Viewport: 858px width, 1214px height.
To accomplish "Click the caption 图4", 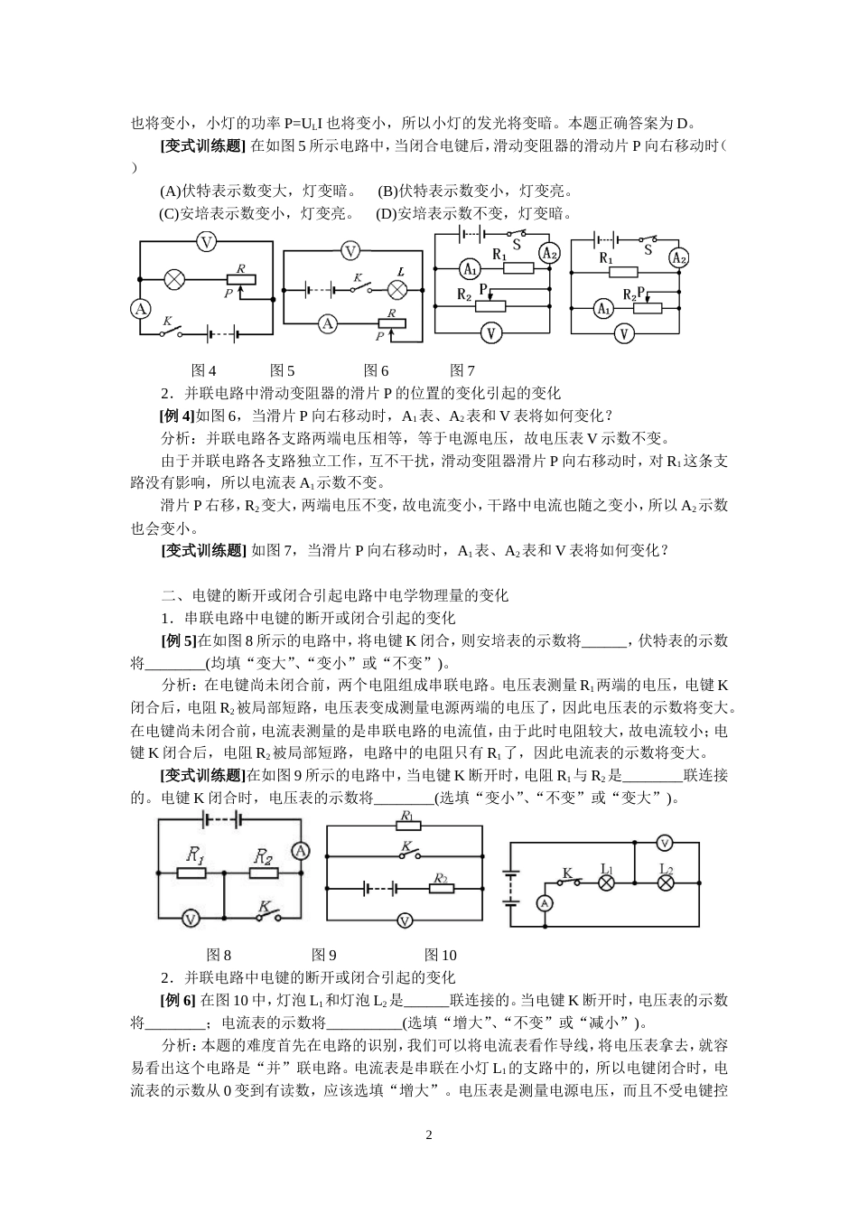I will [204, 370].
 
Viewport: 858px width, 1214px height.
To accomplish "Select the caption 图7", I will [462, 370].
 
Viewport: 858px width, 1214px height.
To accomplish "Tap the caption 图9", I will [324, 955].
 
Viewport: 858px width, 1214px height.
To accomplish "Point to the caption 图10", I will [441, 955].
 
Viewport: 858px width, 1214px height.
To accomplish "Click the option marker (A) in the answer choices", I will [171, 191].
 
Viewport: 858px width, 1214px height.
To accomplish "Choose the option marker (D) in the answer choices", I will [387, 213].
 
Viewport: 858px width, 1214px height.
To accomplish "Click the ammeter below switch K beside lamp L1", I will [544, 902].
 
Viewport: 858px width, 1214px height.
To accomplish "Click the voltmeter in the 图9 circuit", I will [405, 920].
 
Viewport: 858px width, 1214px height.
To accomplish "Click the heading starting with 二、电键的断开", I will [335, 595].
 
